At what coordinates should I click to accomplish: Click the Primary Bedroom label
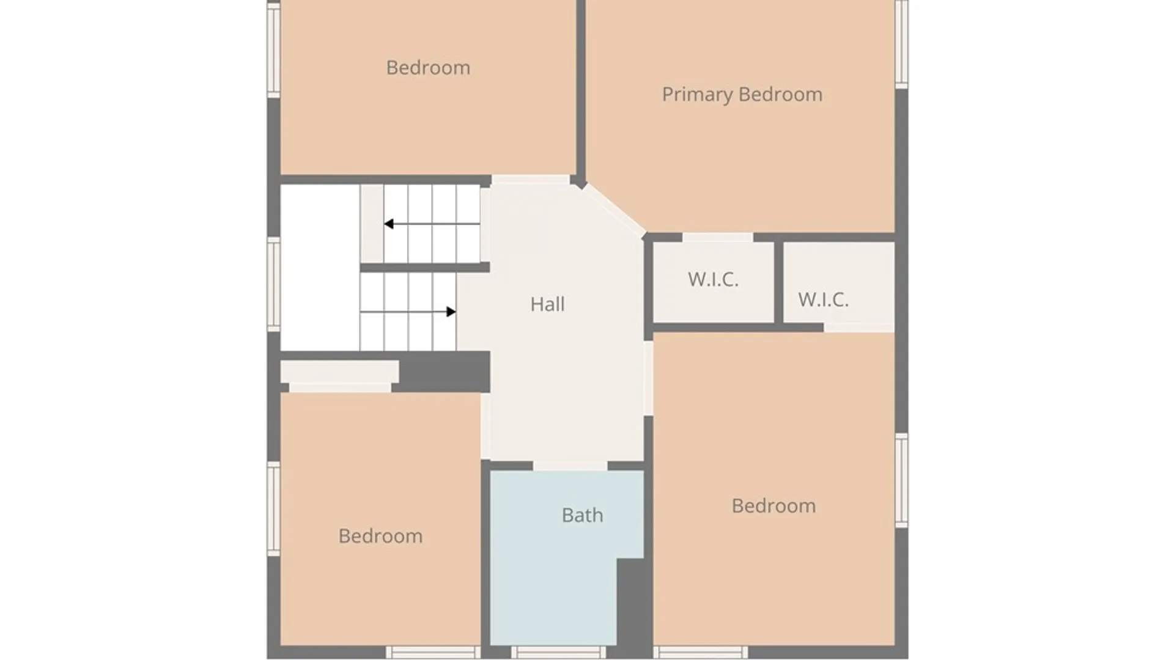tap(742, 95)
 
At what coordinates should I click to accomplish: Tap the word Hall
tap(547, 304)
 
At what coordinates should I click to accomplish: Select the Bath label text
tap(582, 515)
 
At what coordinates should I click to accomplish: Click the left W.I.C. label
tap(713, 279)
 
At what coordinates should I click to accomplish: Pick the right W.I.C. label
tap(823, 299)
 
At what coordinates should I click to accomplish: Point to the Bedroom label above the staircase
tap(428, 67)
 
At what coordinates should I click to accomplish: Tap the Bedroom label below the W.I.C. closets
tap(773, 506)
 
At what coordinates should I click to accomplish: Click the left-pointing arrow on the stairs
tap(432, 224)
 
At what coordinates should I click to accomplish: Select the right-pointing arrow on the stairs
tap(408, 312)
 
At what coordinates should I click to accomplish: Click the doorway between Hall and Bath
tap(570, 466)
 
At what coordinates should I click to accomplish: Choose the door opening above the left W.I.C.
tap(717, 237)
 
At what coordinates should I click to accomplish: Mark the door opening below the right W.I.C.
tap(859, 328)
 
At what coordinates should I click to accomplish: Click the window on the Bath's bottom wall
tap(558, 652)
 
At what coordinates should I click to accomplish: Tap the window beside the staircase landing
tap(273, 284)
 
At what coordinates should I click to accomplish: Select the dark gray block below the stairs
tap(444, 372)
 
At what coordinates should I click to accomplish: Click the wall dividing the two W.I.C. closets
tap(778, 282)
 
